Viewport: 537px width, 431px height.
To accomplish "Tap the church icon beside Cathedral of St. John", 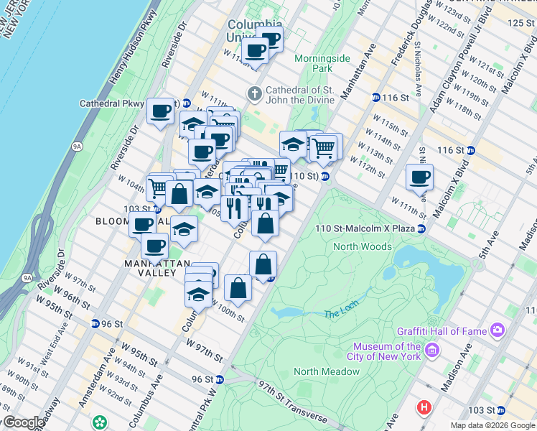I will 254,94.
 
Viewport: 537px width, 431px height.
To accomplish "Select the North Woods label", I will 363,246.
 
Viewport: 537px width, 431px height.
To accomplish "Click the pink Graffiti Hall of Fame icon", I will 498,331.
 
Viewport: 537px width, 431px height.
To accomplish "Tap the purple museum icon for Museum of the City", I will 431,351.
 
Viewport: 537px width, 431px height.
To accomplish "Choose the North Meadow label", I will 326,371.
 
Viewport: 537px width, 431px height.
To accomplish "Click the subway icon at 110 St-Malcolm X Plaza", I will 422,228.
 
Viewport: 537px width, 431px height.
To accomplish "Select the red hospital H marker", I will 424,407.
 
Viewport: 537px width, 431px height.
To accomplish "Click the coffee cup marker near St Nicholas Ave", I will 419,177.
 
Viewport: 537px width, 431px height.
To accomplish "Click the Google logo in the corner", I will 24,423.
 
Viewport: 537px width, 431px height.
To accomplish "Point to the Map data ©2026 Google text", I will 492,425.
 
